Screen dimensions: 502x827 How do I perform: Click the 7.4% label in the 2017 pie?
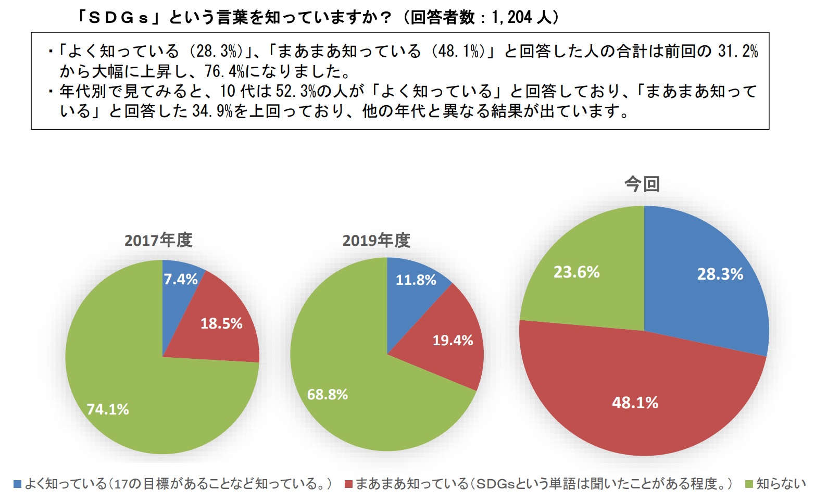(181, 280)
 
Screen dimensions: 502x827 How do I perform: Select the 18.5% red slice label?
(221, 324)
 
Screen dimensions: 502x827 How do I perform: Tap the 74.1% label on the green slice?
(108, 409)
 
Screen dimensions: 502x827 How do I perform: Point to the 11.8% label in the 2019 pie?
(416, 280)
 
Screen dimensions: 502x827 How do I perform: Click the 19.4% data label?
(453, 341)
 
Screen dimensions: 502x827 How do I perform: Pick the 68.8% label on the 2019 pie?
(327, 395)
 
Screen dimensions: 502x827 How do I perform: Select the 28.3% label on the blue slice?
(720, 274)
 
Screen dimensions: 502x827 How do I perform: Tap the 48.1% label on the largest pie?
(635, 403)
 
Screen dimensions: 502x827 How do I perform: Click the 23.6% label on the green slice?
(577, 272)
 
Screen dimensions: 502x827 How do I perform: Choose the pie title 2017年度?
(158, 240)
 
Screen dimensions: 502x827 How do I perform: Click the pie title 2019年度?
(376, 241)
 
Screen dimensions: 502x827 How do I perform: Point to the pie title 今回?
(642, 184)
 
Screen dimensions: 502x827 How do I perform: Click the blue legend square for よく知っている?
(17, 484)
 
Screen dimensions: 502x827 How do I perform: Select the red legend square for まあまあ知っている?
(348, 484)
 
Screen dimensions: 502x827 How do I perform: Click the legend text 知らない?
(781, 484)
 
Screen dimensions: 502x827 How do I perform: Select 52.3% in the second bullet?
(296, 92)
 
